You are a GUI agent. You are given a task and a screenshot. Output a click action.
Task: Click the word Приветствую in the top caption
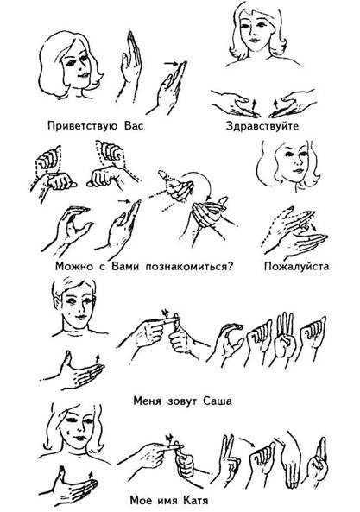(x=82, y=126)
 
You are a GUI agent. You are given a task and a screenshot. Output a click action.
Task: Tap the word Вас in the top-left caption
(x=134, y=126)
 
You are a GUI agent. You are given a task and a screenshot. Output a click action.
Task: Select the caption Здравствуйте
(x=262, y=126)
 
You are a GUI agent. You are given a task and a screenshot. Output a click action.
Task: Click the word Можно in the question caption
(x=74, y=266)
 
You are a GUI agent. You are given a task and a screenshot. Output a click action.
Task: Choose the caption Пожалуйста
(x=297, y=266)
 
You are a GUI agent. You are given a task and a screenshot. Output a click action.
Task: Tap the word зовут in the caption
(x=181, y=401)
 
